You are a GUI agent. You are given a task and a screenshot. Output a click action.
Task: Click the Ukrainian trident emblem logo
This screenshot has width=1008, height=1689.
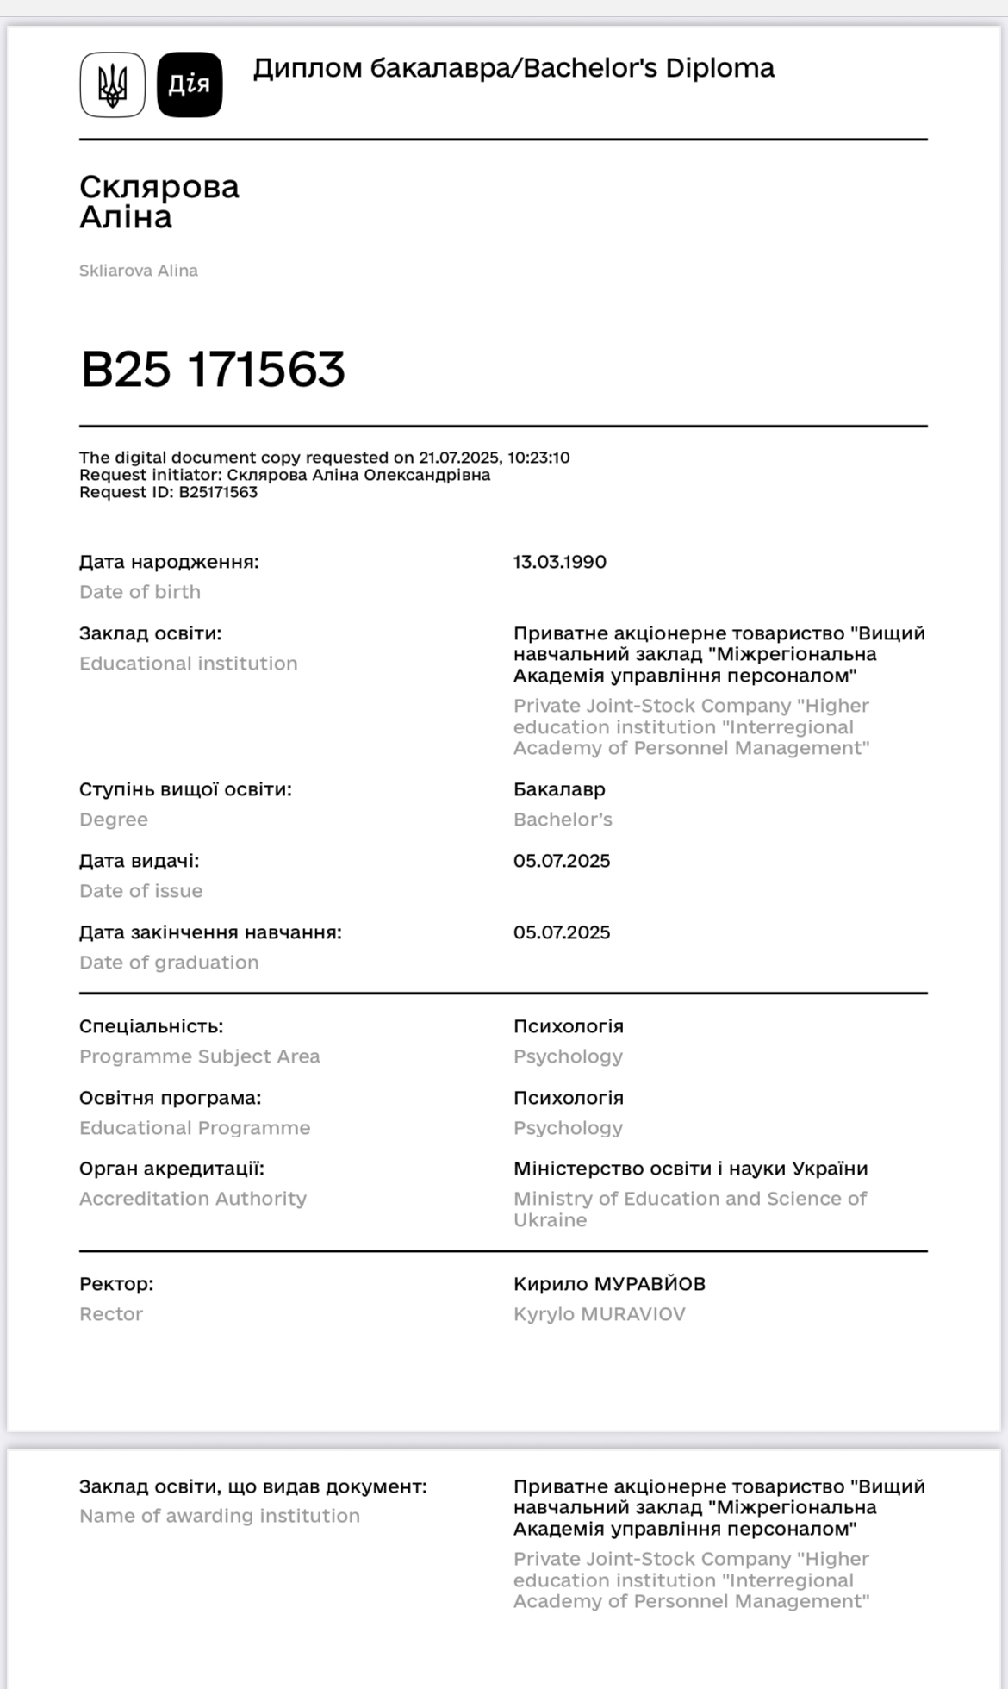click(x=112, y=84)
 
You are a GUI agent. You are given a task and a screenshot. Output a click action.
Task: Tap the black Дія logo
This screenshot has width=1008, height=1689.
click(x=190, y=84)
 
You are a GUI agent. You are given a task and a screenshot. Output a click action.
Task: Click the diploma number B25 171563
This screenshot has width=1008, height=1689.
click(x=213, y=369)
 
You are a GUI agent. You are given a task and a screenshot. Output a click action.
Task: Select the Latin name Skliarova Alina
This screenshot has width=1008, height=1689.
click(x=139, y=271)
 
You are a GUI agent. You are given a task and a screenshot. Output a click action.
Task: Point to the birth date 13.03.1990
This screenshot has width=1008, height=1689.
click(x=560, y=562)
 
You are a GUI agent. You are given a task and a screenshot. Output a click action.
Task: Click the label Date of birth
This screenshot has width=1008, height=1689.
click(x=140, y=592)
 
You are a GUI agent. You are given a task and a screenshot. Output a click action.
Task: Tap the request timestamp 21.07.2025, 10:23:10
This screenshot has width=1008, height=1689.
click(x=495, y=458)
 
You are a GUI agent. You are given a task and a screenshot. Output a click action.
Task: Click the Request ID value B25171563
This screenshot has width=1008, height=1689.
click(x=218, y=492)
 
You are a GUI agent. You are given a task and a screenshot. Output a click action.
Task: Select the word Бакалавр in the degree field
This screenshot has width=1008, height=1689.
click(x=559, y=789)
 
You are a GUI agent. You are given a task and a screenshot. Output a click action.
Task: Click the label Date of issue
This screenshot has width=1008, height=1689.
click(x=140, y=891)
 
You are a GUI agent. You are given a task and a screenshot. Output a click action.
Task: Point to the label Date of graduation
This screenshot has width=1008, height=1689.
click(x=169, y=963)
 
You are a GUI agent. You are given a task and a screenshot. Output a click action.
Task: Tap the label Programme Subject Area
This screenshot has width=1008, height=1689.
click(x=199, y=1056)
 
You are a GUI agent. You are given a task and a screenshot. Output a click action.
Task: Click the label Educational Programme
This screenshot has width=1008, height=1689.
click(x=195, y=1128)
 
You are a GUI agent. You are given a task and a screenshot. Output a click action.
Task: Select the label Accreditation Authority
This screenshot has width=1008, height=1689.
click(x=193, y=1199)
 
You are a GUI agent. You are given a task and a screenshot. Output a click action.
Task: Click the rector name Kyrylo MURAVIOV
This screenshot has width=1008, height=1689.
click(x=600, y=1314)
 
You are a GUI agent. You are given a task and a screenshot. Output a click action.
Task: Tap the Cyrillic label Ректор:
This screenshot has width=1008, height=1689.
click(x=116, y=1284)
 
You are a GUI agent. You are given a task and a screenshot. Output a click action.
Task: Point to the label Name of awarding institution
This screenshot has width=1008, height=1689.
click(x=220, y=1516)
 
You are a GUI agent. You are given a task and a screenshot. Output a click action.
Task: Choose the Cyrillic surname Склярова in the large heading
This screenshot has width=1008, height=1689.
click(x=159, y=187)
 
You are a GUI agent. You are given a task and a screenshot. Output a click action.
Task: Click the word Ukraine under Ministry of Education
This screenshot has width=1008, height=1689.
click(x=550, y=1220)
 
